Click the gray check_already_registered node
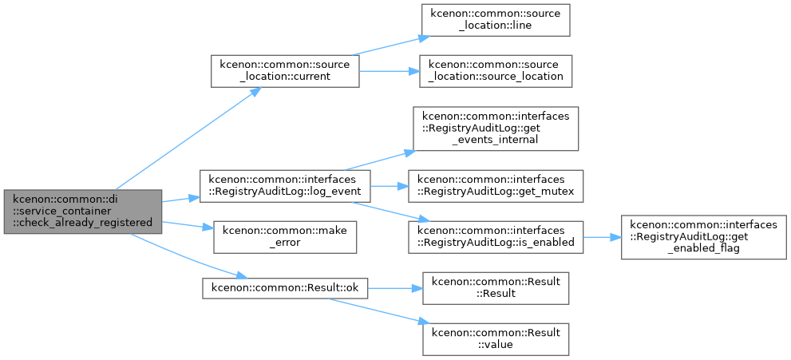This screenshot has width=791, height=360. pos(83,212)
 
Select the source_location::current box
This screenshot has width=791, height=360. pos(285,71)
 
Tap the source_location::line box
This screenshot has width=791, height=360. pos(496,20)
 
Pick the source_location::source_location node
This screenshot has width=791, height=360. pos(496,71)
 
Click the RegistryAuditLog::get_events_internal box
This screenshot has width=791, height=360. pos(496,129)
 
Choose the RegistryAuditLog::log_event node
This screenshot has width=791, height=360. pos(285,186)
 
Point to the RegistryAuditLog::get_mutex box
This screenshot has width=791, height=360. pos(496,186)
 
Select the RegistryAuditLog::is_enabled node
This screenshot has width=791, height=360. pos(496,237)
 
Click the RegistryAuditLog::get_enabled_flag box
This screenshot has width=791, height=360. pos(704,237)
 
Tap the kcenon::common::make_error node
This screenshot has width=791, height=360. pos(285,237)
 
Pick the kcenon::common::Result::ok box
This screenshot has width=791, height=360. pos(285,288)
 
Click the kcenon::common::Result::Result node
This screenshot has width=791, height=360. pos(496,288)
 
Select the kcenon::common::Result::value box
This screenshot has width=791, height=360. pos(496,339)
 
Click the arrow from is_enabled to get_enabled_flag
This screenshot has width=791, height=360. pos(602,237)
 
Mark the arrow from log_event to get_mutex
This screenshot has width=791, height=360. pos(390,186)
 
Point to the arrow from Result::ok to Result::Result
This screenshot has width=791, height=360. pos(395,288)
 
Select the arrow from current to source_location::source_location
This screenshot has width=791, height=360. pos(390,71)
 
